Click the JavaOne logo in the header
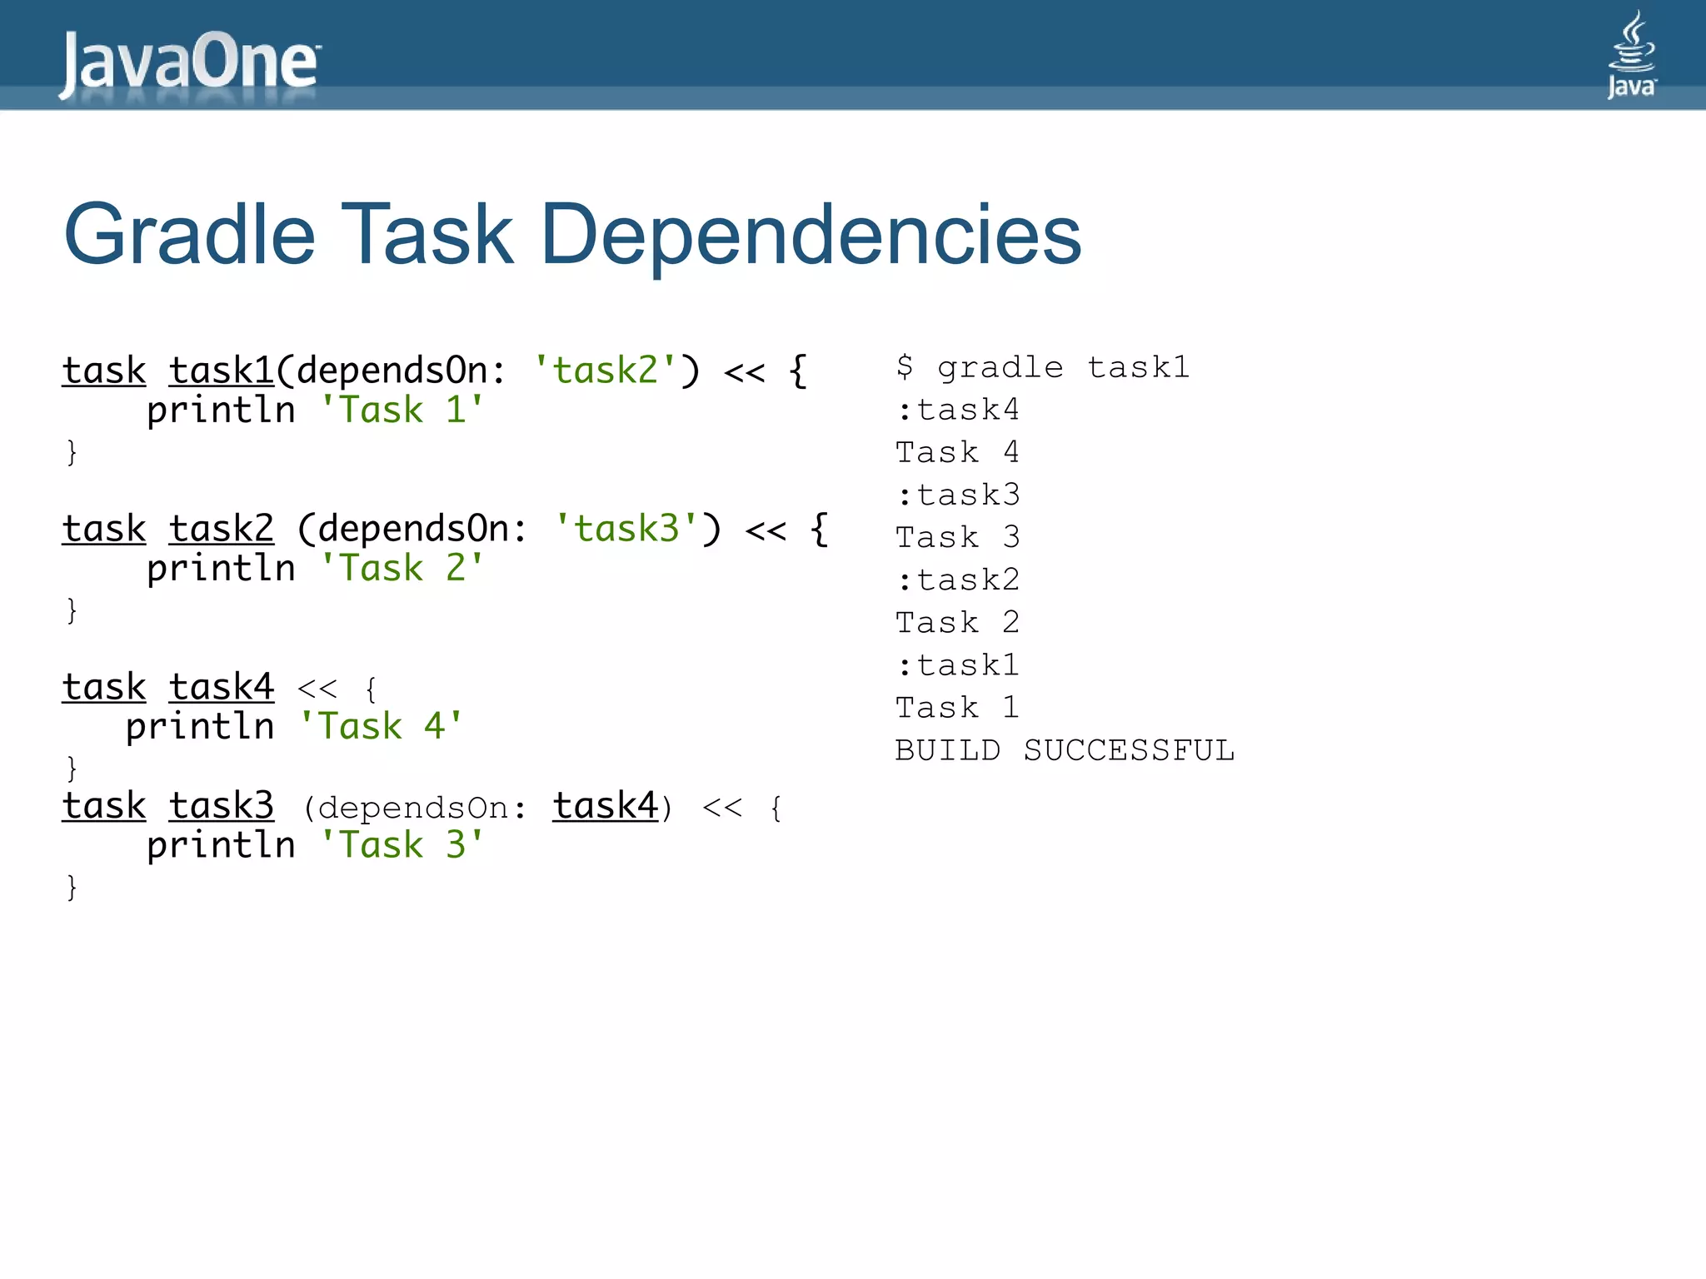click(x=190, y=63)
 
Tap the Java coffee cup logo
click(x=1631, y=55)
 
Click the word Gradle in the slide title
click(x=190, y=235)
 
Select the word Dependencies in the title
click(x=811, y=235)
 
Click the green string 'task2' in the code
click(x=605, y=371)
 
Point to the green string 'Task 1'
click(x=402, y=411)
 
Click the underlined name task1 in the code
click(x=222, y=371)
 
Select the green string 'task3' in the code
click(x=626, y=529)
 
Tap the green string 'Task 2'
click(x=402, y=569)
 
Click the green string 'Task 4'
click(x=380, y=727)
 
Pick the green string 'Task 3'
click(x=402, y=845)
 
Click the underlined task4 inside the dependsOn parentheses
click(x=606, y=806)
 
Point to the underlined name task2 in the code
click(x=222, y=529)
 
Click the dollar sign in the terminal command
click(x=905, y=367)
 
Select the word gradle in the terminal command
click(x=1000, y=367)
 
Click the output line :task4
click(x=958, y=410)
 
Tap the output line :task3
click(x=958, y=495)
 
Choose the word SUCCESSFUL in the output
click(x=1129, y=750)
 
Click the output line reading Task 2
click(x=958, y=622)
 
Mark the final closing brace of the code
click(x=72, y=887)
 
